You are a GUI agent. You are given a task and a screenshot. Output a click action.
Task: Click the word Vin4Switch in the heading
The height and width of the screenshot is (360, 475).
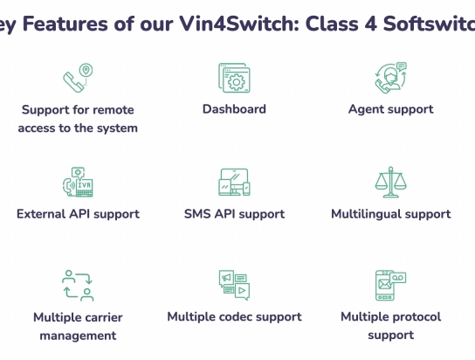coord(239,24)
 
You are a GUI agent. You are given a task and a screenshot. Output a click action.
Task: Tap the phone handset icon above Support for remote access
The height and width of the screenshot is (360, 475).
coord(73,82)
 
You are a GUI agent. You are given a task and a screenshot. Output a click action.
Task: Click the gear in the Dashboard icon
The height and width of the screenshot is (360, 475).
coord(237,82)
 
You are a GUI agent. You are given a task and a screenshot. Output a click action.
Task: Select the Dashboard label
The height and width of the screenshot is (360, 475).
coord(234,109)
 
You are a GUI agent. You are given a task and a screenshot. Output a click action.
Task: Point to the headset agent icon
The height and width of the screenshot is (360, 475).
coord(391,78)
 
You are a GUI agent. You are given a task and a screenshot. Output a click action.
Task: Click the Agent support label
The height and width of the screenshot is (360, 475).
coord(391,109)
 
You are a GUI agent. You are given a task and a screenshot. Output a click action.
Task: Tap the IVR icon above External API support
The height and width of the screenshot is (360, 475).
coord(78,182)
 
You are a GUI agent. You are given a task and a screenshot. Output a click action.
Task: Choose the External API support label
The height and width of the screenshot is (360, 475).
coord(78,214)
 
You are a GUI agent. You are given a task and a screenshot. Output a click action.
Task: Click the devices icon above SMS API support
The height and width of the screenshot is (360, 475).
coord(234,182)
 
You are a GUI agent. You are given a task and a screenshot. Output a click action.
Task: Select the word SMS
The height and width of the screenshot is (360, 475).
coord(197,214)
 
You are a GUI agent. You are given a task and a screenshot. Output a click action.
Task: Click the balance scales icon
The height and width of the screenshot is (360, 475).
coord(391,182)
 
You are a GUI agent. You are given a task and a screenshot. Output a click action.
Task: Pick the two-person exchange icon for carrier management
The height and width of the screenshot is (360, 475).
coord(78,286)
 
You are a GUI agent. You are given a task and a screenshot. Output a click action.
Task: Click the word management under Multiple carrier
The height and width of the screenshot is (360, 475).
coord(78,336)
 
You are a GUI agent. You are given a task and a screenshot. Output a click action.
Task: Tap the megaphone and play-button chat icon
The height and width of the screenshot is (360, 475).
coord(234,285)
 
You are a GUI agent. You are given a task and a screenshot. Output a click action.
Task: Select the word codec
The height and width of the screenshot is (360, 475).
coord(236,317)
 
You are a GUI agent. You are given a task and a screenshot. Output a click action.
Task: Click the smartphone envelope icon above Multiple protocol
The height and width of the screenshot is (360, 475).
coord(391,285)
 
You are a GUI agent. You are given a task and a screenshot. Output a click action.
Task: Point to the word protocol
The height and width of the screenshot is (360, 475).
coord(413,317)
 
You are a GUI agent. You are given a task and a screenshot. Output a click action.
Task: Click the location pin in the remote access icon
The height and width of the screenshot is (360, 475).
coord(86,70)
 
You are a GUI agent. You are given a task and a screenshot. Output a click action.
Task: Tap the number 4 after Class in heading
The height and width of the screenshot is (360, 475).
coord(371,24)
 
